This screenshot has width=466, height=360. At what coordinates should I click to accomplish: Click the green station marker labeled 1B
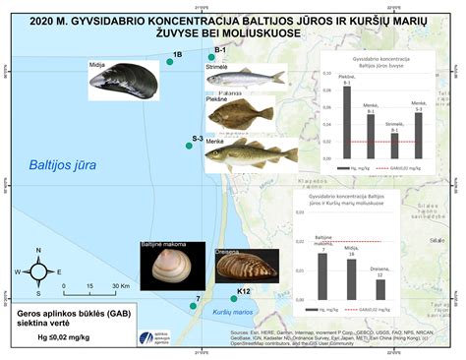[170, 62]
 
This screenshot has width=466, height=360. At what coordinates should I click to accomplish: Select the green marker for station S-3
[189, 146]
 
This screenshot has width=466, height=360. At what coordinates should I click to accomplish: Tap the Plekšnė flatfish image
[240, 115]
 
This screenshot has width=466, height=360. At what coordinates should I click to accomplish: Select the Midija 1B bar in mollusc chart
[351, 279]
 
